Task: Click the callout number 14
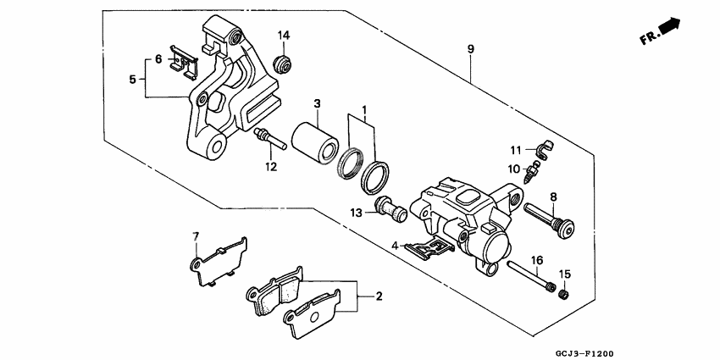pyautogui.click(x=285, y=35)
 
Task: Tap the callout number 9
pyautogui.click(x=470, y=48)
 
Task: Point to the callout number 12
pyautogui.click(x=270, y=167)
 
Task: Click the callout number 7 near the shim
pyautogui.click(x=195, y=235)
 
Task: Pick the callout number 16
pyautogui.click(x=536, y=259)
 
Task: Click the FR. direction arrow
pyautogui.click(x=667, y=28)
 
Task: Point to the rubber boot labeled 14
pyautogui.click(x=285, y=64)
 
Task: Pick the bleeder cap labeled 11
pyautogui.click(x=542, y=151)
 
